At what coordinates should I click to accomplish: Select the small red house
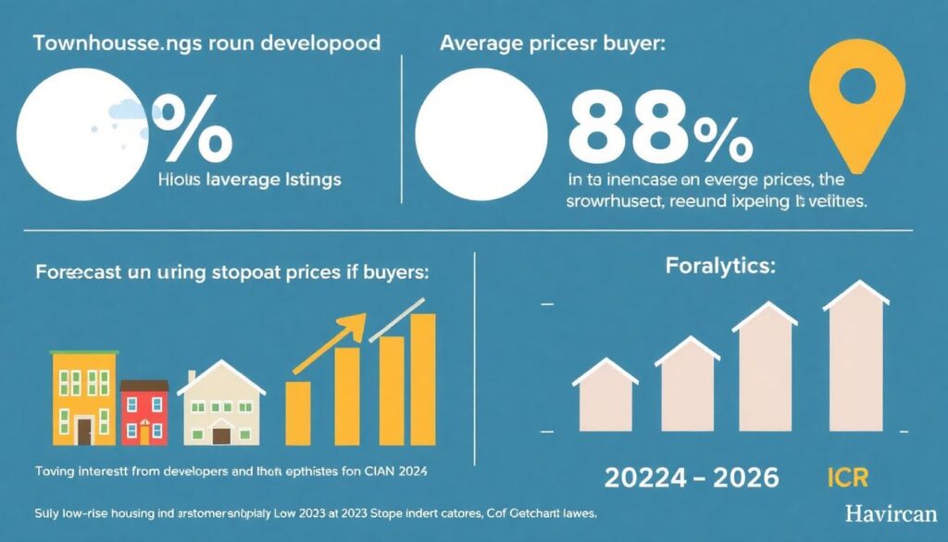click(144, 413)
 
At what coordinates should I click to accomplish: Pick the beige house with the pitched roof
click(221, 408)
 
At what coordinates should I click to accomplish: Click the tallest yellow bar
click(423, 379)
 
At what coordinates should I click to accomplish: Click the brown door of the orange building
click(84, 431)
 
